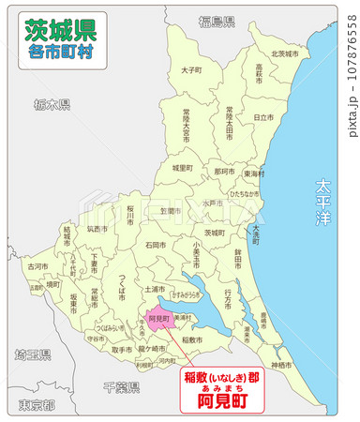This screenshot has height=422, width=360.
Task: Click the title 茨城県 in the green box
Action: click(58, 30)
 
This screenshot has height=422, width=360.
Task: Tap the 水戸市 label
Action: click(214, 203)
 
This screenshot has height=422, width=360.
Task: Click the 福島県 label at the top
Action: click(217, 21)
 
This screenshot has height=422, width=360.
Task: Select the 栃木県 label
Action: click(45, 104)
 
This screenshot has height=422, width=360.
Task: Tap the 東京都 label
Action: click(36, 405)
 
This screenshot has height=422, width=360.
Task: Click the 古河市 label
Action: click(37, 267)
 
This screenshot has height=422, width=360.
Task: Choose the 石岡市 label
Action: click(157, 246)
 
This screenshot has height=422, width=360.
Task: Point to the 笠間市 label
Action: click(170, 211)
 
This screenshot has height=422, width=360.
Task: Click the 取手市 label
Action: click(122, 350)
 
